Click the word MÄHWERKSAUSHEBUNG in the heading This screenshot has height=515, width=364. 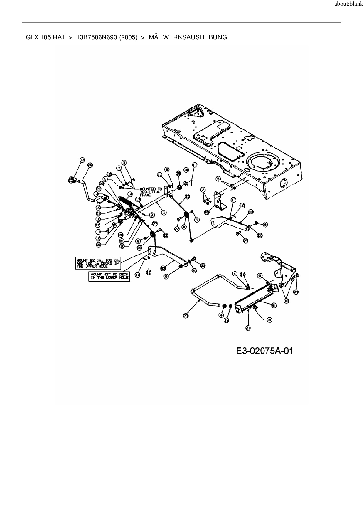[x=188, y=37]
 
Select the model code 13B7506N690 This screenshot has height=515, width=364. [x=97, y=37]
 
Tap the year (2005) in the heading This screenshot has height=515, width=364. [x=129, y=37]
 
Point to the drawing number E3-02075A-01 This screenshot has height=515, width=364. [x=264, y=351]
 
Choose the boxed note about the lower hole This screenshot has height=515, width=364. [x=109, y=276]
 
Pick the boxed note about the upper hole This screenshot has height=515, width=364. [x=98, y=263]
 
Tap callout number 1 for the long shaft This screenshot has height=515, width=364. [x=164, y=213]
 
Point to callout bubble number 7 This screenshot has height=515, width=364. [x=119, y=168]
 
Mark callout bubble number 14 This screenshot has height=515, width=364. [x=130, y=194]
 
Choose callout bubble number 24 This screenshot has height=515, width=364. [x=296, y=292]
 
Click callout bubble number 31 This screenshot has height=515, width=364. [x=274, y=305]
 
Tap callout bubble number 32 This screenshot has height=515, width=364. [x=207, y=211]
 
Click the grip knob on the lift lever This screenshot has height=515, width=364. [x=71, y=179]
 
